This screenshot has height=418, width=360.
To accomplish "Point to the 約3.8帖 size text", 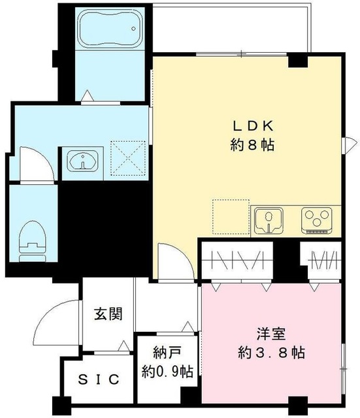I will coord(270,353).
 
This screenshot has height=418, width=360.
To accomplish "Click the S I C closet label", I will coord(99,379).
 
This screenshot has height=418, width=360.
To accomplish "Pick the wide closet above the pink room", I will coord(239,259).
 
